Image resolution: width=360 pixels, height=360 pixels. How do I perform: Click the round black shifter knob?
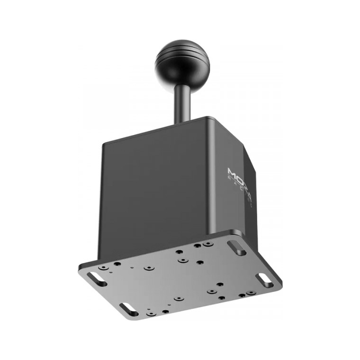(182, 65)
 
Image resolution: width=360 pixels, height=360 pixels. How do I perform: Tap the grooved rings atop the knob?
(183, 53)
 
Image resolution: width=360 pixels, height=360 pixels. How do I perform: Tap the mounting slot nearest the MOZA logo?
(237, 247)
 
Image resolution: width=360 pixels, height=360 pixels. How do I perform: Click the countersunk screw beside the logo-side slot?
(208, 243)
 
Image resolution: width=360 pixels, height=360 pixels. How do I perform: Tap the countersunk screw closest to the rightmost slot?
(250, 292)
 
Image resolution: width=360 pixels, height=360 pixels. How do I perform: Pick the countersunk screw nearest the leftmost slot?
(104, 268)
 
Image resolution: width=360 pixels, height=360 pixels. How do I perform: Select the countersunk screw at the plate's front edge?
(151, 313)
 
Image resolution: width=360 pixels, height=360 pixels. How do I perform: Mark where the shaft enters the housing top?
(183, 123)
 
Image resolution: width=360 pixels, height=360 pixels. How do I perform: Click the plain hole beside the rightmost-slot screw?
(242, 295)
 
